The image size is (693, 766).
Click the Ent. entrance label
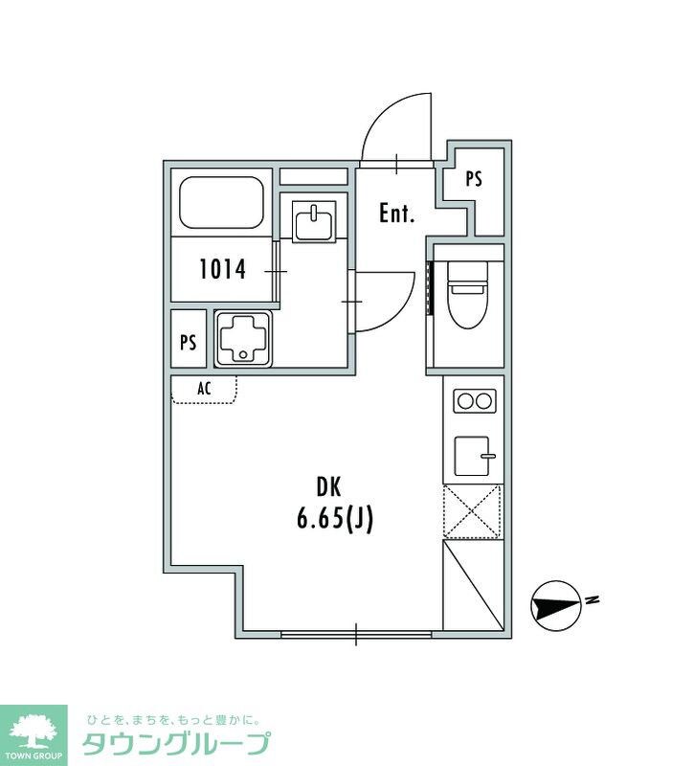tap(396, 214)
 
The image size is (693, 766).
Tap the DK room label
tap(328, 487)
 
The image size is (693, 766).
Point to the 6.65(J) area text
tap(335, 519)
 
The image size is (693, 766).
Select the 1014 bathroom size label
tap(222, 269)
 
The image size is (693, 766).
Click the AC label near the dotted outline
tap(204, 389)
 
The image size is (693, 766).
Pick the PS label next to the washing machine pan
tap(188, 342)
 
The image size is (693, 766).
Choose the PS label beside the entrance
tap(473, 179)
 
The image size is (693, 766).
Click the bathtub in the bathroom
tap(222, 202)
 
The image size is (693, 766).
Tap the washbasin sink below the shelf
tap(314, 220)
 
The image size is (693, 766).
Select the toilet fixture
tap(468, 294)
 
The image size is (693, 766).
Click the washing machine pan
tap(243, 339)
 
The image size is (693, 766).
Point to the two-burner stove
tap(474, 401)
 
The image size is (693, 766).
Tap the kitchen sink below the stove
tap(472, 456)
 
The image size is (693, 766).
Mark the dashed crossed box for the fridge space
tap(472, 511)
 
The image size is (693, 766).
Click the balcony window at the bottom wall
tap(356, 634)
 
